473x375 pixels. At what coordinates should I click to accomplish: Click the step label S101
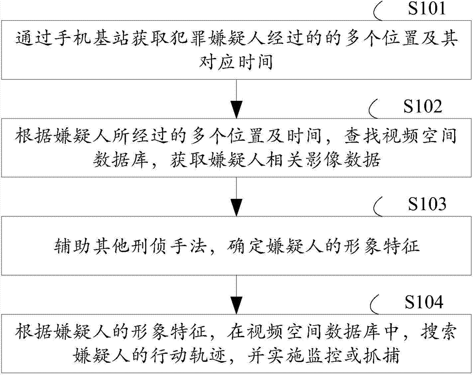tap(427, 8)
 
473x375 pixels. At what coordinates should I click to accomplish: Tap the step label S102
tap(422, 106)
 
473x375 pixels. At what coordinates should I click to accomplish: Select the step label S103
tap(427, 204)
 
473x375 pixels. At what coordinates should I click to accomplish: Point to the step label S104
tap(424, 302)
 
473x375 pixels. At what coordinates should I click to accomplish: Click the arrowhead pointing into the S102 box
tap(236, 109)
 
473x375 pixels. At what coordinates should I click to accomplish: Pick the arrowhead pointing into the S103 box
tap(236, 207)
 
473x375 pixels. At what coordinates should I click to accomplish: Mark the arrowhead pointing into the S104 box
tap(236, 305)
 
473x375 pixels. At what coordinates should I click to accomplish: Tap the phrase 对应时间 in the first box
tap(236, 62)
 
